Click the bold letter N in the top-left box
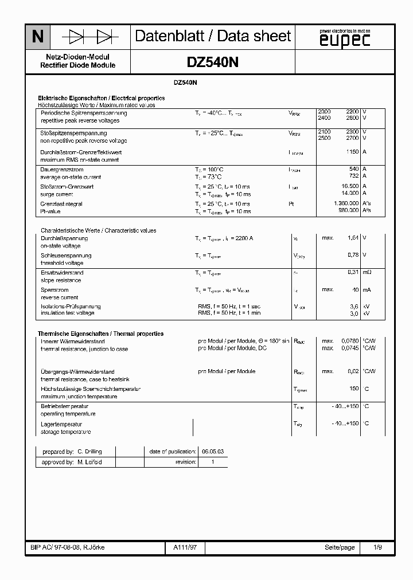tap(38, 37)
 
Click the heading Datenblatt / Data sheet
tap(213, 37)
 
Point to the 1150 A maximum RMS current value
tap(352, 152)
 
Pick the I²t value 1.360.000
tap(346, 203)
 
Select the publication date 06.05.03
tap(212, 452)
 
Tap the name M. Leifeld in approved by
tap(89, 462)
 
